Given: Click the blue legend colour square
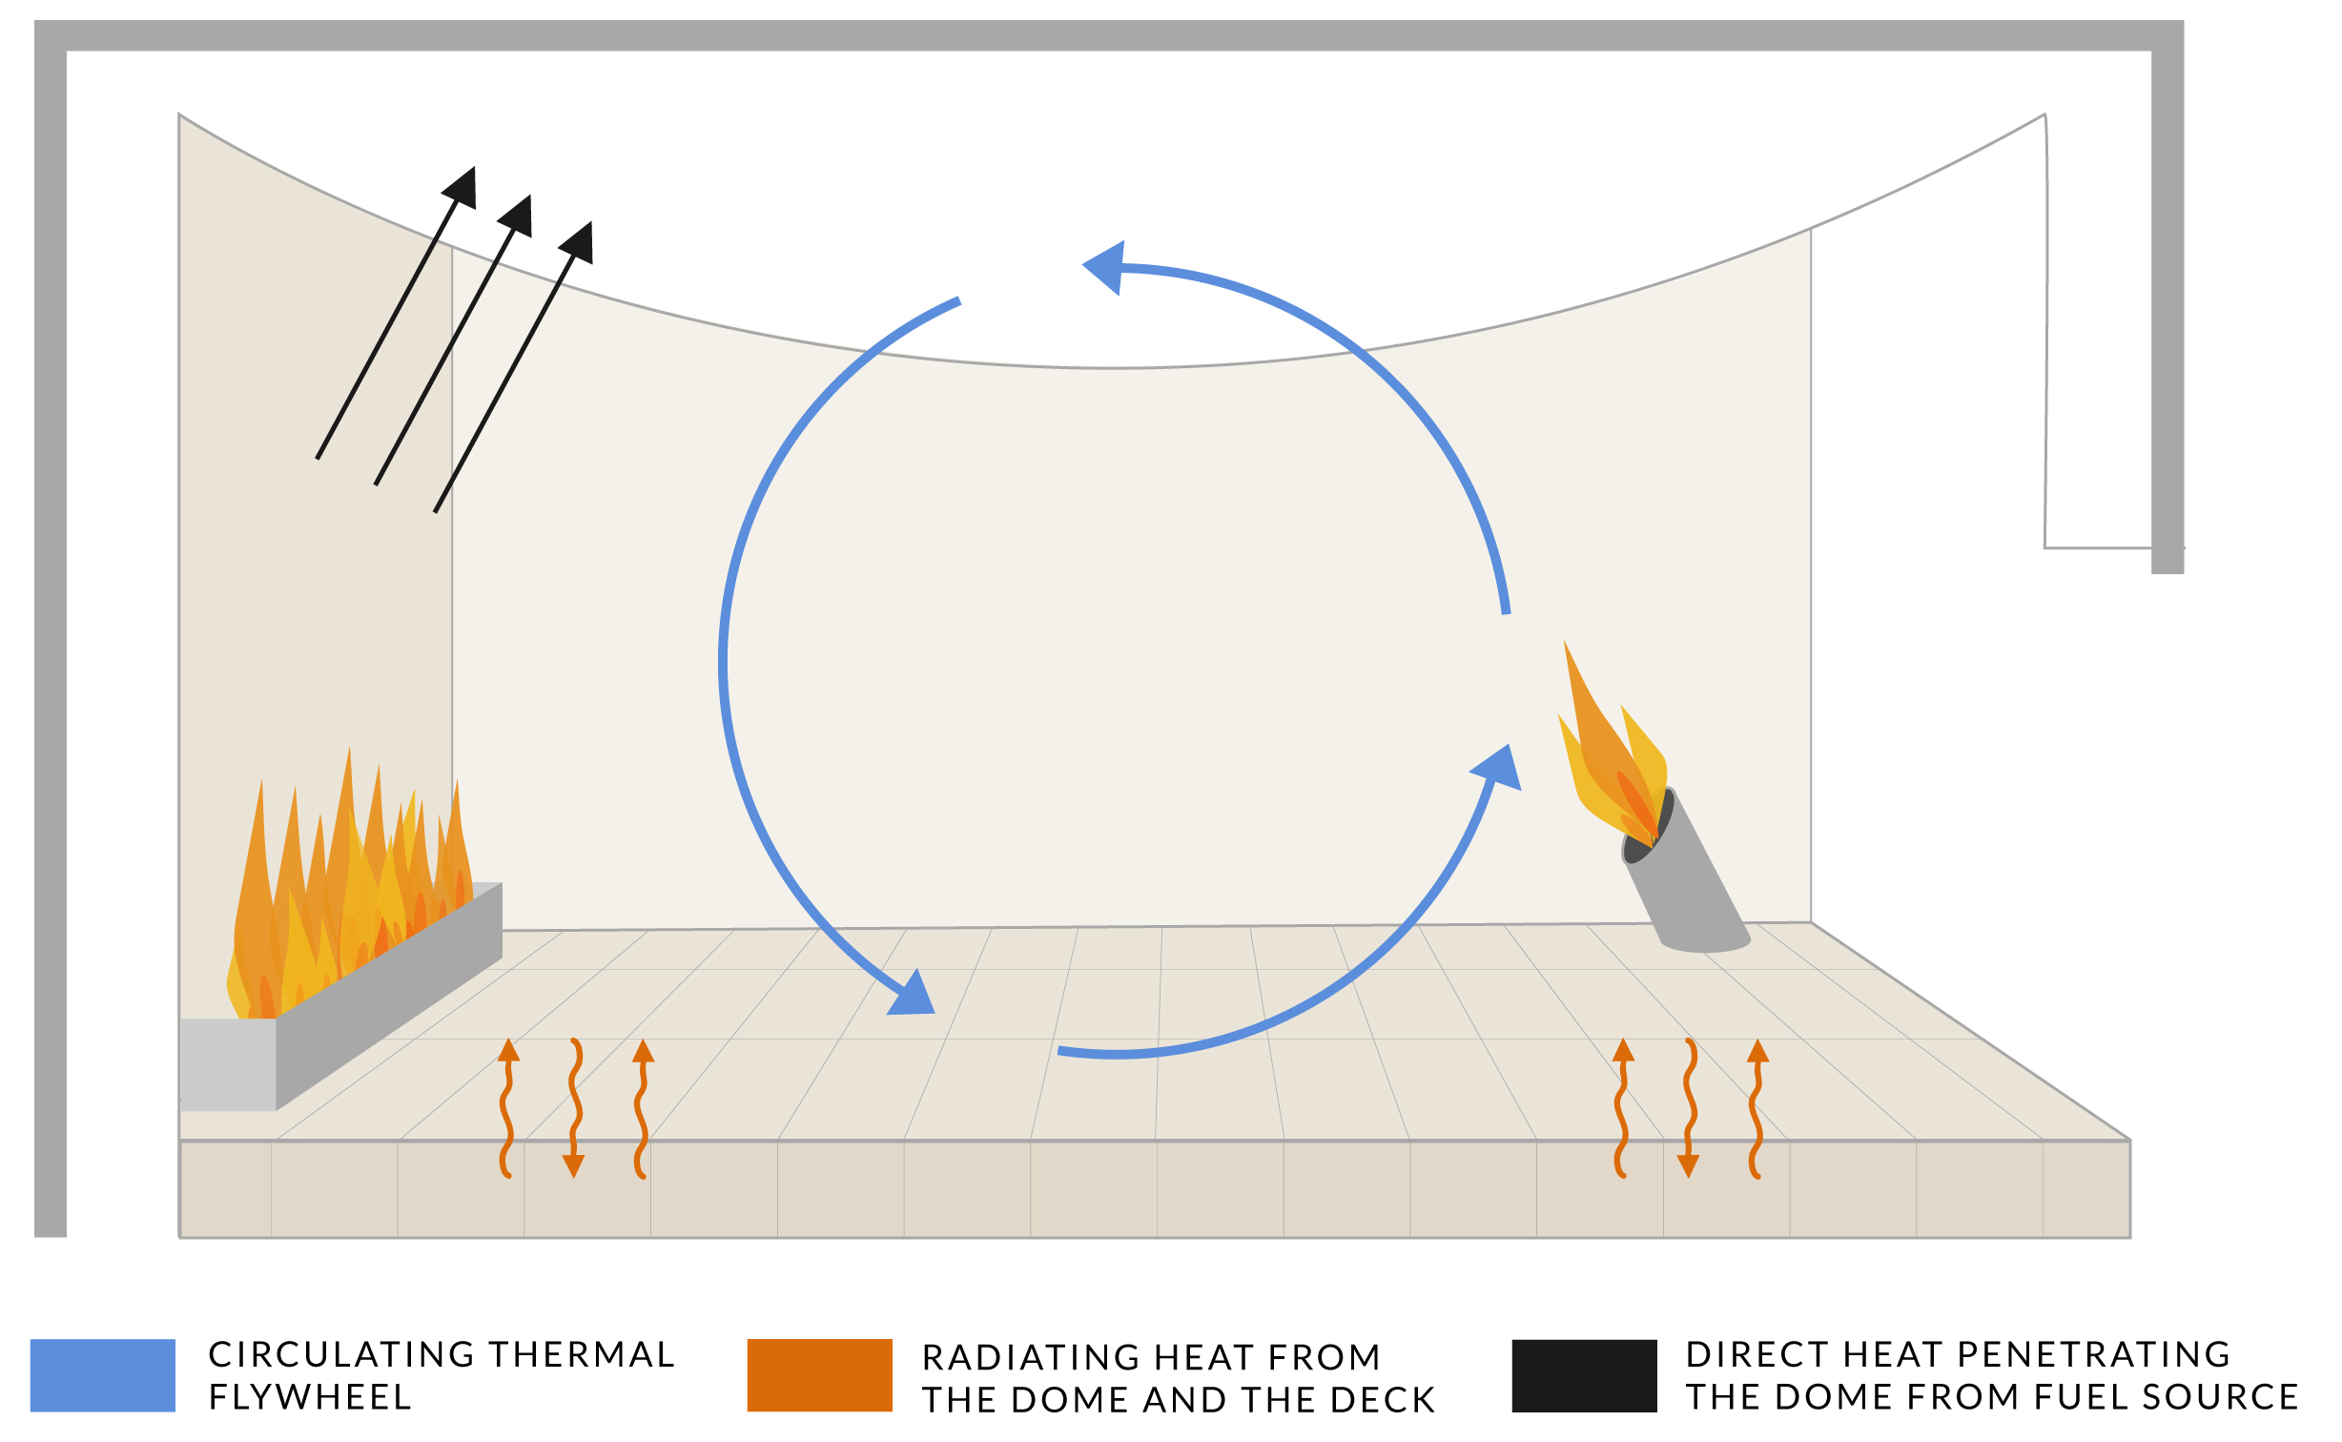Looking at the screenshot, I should tap(103, 1375).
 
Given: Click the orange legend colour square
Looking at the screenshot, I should tap(819, 1375).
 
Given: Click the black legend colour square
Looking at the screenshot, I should tap(1584, 1375).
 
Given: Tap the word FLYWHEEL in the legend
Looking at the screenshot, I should tap(310, 1397).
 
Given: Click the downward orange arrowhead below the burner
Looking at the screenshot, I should tap(1689, 1165).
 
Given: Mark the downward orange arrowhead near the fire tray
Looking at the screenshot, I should tap(573, 1165).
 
